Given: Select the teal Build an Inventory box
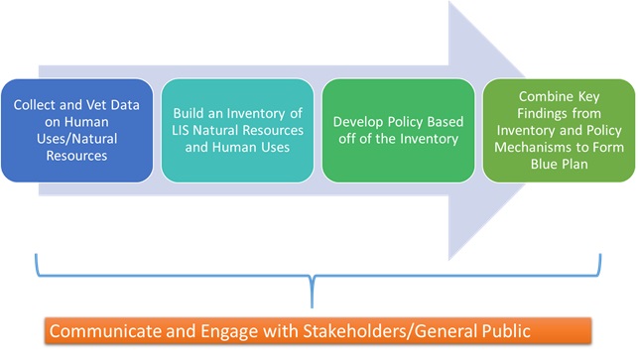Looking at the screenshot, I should pyautogui.click(x=238, y=129).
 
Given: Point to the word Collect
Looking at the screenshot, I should pyautogui.click(x=35, y=102).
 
